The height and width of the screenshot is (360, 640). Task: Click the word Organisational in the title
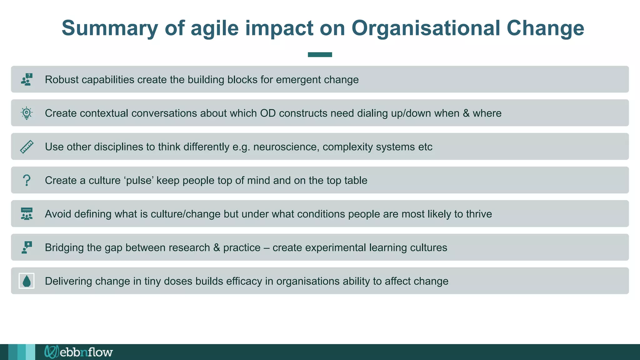pos(425,28)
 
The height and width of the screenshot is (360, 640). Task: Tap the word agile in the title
pos(214,28)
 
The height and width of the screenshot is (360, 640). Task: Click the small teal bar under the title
pos(320,55)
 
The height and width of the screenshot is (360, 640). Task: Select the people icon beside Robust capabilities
pos(27,79)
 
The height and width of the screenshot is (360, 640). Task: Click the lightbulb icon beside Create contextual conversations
pos(27,113)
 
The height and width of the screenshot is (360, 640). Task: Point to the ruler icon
pos(27,147)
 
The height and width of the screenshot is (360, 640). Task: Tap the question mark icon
pos(27,180)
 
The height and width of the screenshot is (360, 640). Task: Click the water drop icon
pos(27,281)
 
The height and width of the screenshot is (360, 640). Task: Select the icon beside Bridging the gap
pos(27,247)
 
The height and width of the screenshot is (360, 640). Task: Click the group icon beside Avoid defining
pos(27,214)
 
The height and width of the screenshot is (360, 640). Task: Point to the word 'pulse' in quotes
pos(139,180)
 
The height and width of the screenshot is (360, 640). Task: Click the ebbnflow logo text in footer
pos(86,352)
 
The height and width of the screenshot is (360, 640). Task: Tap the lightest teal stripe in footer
pos(30,352)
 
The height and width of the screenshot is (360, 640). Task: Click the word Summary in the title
pos(110,28)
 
